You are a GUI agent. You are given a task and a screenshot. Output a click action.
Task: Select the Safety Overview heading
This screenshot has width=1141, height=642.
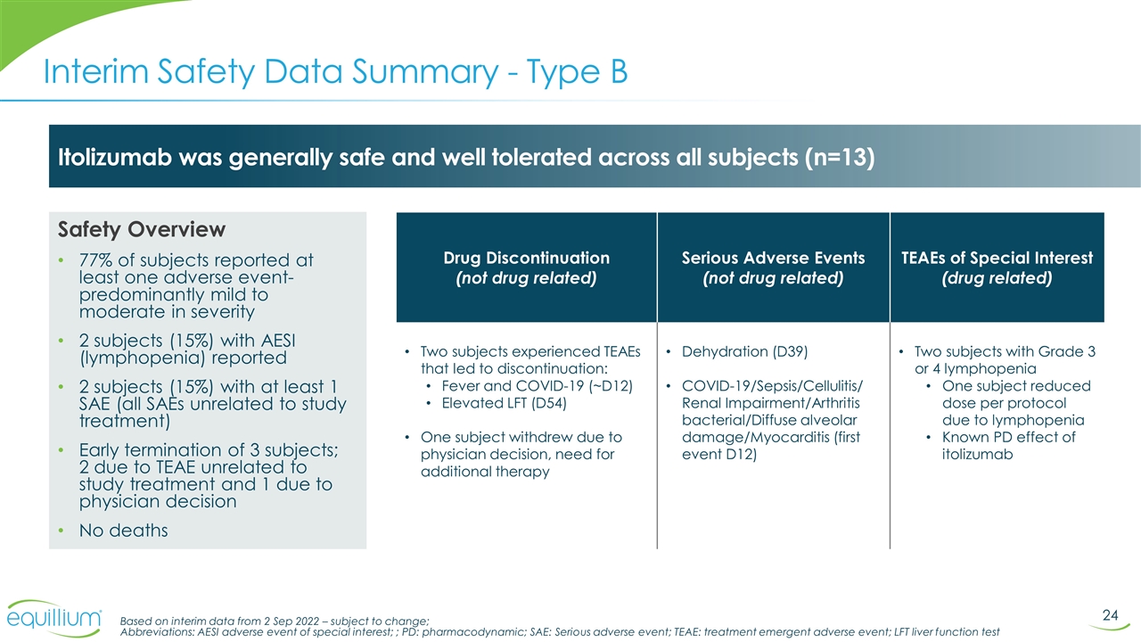coord(142,230)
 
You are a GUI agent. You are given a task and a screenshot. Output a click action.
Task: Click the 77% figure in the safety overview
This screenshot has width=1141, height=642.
coord(96,260)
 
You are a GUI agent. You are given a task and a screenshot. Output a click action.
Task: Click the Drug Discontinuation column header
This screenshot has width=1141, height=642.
coord(526,258)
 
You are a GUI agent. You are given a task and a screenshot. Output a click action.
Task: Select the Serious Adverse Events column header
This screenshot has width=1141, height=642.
coord(773,258)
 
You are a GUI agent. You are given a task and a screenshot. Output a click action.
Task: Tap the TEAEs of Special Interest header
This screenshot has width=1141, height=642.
coord(997,258)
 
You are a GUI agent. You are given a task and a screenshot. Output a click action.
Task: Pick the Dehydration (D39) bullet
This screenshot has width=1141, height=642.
coord(744,351)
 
